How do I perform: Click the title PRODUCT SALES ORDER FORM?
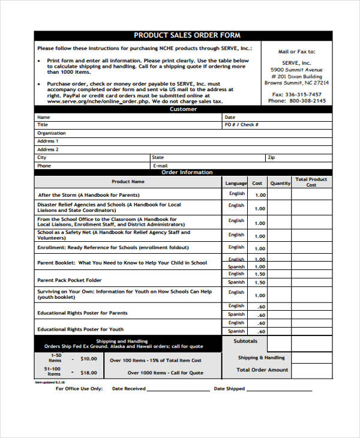click(x=187, y=35)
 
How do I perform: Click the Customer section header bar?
click(x=183, y=109)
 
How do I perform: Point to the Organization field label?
click(x=52, y=133)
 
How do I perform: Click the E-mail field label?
click(x=160, y=166)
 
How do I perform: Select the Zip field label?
click(x=272, y=157)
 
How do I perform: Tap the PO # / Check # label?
click(x=241, y=125)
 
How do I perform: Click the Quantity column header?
click(x=280, y=183)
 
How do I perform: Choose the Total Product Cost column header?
click(x=311, y=182)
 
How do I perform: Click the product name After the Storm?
click(x=88, y=195)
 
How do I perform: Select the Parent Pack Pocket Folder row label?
click(x=70, y=280)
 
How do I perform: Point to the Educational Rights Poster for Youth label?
click(x=80, y=329)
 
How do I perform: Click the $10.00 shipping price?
click(x=88, y=359)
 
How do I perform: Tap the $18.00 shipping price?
click(x=88, y=373)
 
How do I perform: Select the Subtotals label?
click(x=245, y=341)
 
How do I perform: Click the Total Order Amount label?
click(x=262, y=370)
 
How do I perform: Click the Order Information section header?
click(x=187, y=173)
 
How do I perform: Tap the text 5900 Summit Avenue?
click(x=297, y=69)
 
